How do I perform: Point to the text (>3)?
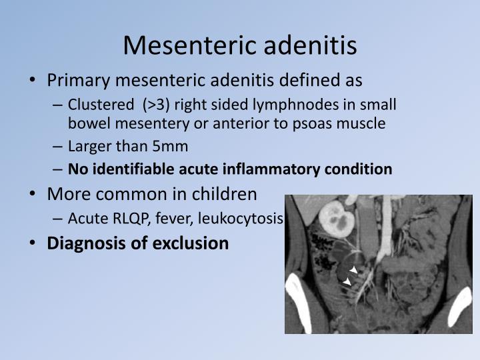pos(156,105)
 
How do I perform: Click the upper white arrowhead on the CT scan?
pos(354,269)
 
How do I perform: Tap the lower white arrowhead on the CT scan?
pos(347,283)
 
